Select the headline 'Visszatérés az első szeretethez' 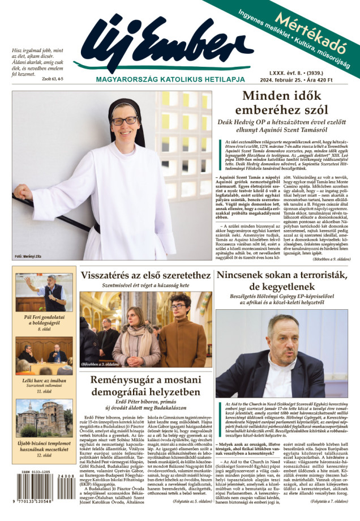pos(146,276)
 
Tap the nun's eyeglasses pos(124,121)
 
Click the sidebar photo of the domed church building pos(44,418)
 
